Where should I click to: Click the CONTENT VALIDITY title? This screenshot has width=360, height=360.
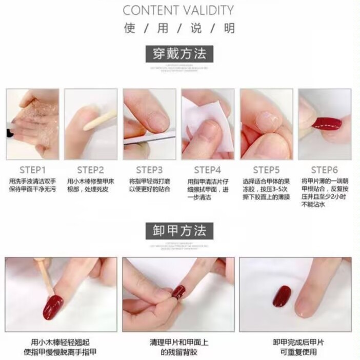point(178,10)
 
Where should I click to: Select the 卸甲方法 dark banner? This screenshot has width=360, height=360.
point(179,230)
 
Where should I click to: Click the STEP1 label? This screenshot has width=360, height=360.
point(33,170)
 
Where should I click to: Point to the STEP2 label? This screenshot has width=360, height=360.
point(91,170)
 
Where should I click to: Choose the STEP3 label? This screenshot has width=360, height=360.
point(149,170)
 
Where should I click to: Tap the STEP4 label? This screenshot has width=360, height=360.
point(207,170)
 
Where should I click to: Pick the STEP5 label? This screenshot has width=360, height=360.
point(266,170)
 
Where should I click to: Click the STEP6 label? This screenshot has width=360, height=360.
point(325,170)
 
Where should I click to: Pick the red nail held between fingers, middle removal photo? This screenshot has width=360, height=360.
point(178,292)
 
